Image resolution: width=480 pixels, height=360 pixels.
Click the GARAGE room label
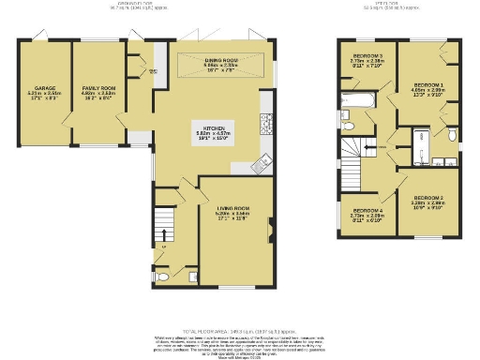(45, 64)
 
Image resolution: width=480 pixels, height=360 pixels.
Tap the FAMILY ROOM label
(97, 64)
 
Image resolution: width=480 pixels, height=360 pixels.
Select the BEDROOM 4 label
(367, 212)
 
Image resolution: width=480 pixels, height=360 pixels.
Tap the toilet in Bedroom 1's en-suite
(451, 134)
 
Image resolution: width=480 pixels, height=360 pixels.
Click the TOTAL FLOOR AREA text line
(239, 331)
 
